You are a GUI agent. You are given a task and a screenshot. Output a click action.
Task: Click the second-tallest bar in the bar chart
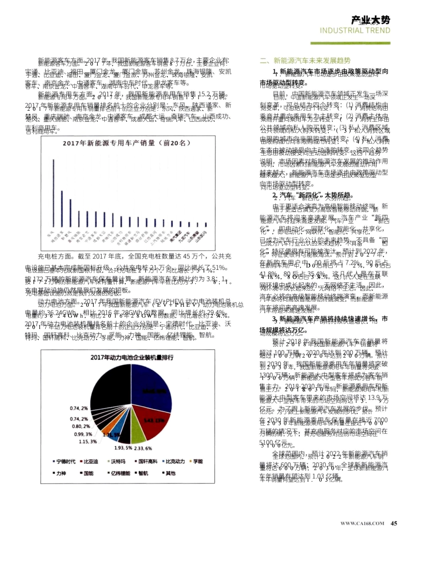click(62, 208)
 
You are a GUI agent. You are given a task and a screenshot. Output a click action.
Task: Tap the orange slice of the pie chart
click(107, 436)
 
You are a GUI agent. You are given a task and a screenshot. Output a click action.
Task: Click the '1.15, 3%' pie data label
click(88, 441)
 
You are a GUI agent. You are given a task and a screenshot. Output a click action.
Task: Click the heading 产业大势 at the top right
click(370, 20)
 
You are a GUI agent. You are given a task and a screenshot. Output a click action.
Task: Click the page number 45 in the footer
click(394, 523)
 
